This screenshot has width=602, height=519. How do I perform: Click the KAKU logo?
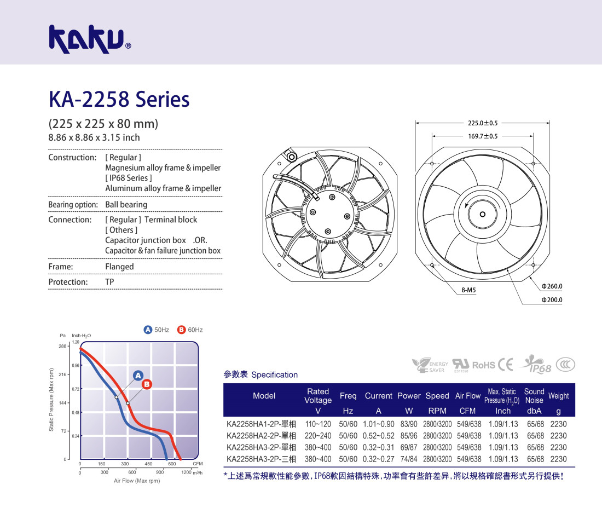point(90,39)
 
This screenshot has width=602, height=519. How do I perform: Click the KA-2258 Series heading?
point(119,99)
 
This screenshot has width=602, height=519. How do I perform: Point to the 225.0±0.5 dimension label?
point(483,123)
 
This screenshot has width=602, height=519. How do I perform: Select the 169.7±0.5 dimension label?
point(483,136)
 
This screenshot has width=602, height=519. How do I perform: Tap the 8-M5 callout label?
point(468,290)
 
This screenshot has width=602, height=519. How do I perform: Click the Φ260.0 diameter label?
point(552,286)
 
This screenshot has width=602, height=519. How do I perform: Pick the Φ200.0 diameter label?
point(552,299)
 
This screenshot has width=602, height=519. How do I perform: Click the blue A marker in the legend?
point(148,330)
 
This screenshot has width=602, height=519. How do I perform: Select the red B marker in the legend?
point(181,330)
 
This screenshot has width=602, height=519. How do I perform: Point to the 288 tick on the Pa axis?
point(62,346)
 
